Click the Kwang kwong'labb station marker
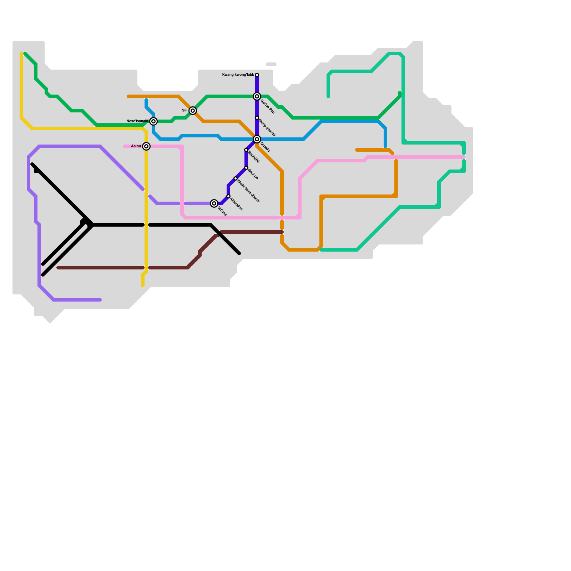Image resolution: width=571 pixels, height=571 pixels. click(257, 75)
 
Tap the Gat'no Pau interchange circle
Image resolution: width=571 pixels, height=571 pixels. click(257, 96)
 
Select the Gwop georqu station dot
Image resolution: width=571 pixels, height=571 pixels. click(257, 118)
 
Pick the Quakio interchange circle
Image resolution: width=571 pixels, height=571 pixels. click(257, 139)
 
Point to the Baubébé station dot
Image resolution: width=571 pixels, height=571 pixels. click(246, 150)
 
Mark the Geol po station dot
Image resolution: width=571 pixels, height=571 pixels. click(246, 168)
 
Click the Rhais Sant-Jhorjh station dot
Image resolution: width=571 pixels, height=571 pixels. click(236, 178)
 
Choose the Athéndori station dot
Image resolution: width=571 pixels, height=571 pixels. click(228, 196)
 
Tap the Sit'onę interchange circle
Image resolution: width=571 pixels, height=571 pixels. click(214, 203)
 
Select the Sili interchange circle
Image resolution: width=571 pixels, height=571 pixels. click(193, 111)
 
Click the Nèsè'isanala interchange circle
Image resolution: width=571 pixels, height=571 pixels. click(153, 121)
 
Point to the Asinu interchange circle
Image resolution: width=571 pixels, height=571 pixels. click(146, 146)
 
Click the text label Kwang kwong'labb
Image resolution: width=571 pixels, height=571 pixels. click(238, 75)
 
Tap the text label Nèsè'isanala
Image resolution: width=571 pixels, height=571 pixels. click(137, 121)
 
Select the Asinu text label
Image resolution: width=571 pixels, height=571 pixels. click(136, 146)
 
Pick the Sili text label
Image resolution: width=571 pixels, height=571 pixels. click(185, 111)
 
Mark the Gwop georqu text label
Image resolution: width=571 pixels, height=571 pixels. click(267, 128)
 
